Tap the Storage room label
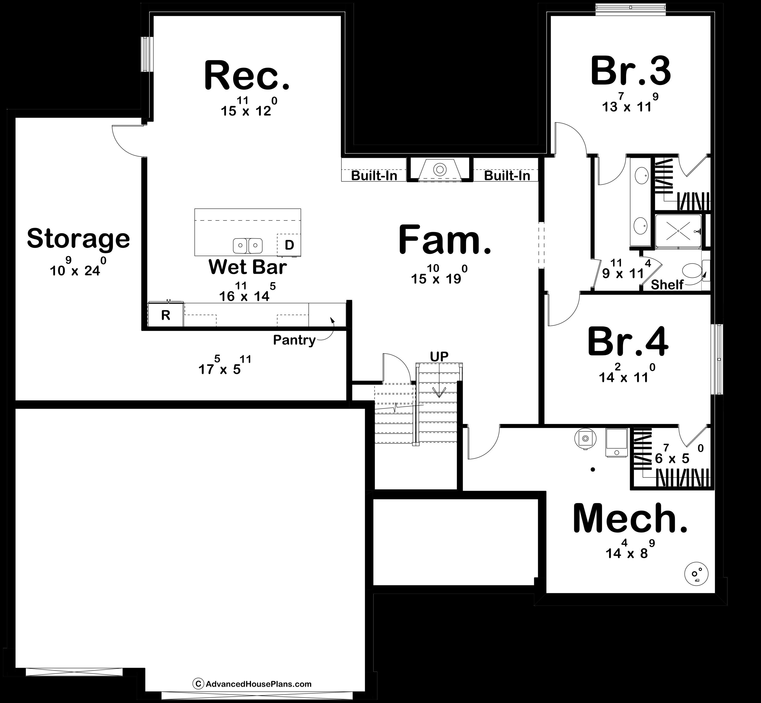pos(78,238)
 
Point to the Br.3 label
pos(631,71)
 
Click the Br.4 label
pos(628,342)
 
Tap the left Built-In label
pos(374,176)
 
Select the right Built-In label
pos(507,176)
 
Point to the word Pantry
pos(294,340)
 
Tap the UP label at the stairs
pos(439,356)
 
